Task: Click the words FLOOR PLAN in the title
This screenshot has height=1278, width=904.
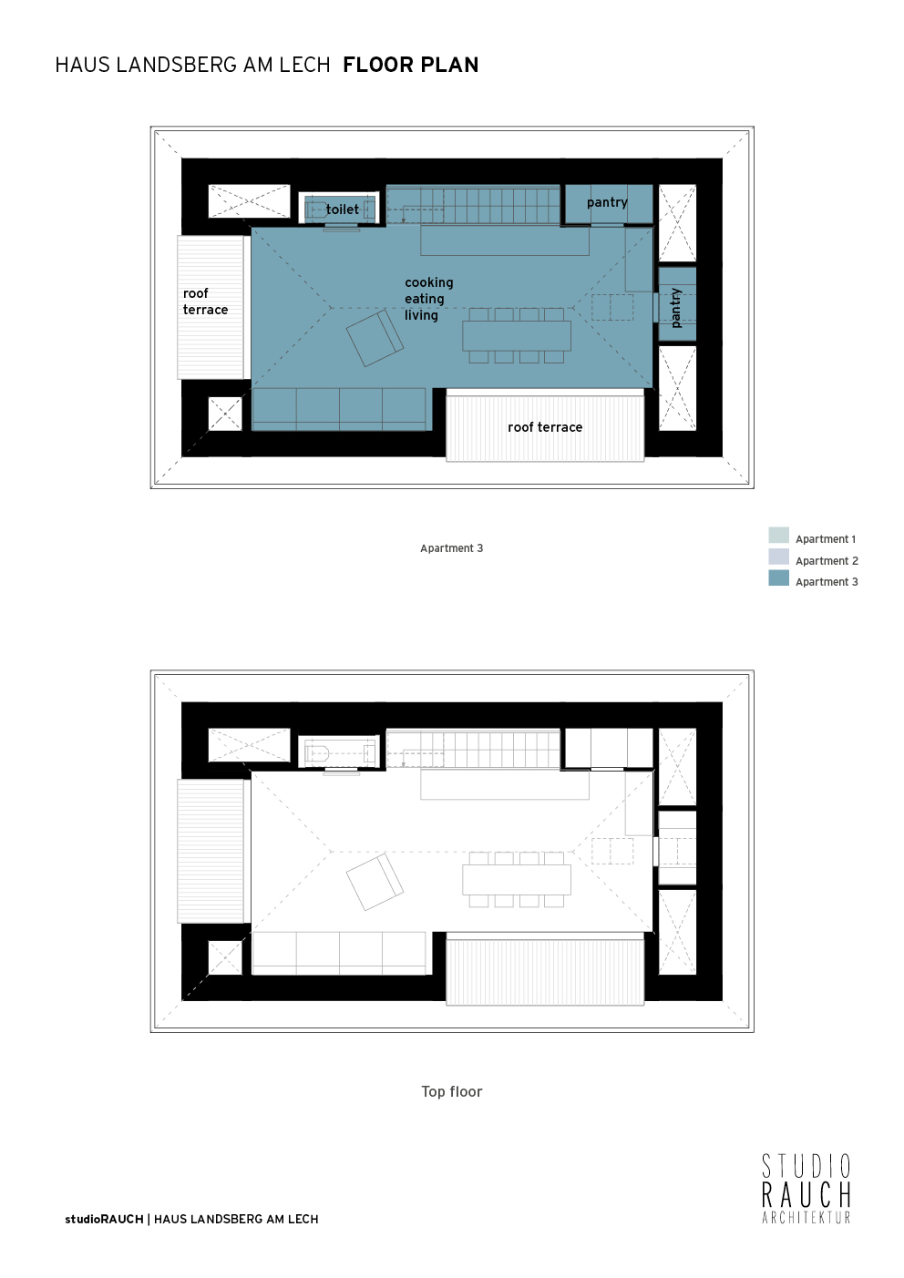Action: pyautogui.click(x=410, y=65)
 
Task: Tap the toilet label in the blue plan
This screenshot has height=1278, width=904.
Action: pyautogui.click(x=343, y=210)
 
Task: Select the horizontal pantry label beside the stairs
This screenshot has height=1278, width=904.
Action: pyautogui.click(x=607, y=202)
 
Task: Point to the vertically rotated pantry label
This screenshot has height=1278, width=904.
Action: pyautogui.click(x=676, y=308)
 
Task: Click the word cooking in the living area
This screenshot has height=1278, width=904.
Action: pyautogui.click(x=429, y=283)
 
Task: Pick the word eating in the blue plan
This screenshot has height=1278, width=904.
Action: pyautogui.click(x=425, y=299)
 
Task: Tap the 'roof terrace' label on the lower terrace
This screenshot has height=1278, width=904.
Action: pyautogui.click(x=545, y=427)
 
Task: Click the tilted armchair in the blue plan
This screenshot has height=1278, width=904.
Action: pyautogui.click(x=375, y=338)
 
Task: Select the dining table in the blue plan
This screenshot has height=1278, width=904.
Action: pyautogui.click(x=517, y=335)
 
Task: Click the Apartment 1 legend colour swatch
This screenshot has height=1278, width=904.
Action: pyautogui.click(x=778, y=536)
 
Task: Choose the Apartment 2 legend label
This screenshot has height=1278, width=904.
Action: pyautogui.click(x=827, y=561)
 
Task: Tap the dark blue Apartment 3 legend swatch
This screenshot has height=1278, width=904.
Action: pyautogui.click(x=778, y=578)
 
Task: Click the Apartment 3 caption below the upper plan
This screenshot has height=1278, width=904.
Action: pyautogui.click(x=451, y=548)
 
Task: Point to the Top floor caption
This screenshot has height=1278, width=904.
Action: pyautogui.click(x=452, y=1091)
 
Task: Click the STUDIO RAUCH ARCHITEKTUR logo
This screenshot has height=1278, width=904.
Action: pyautogui.click(x=806, y=1189)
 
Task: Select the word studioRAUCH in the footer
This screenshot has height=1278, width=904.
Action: pyautogui.click(x=104, y=1219)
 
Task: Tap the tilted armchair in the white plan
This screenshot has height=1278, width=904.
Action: pyautogui.click(x=375, y=882)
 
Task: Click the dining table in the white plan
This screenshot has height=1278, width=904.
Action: pyautogui.click(x=517, y=879)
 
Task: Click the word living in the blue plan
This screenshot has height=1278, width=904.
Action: pyautogui.click(x=421, y=315)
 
